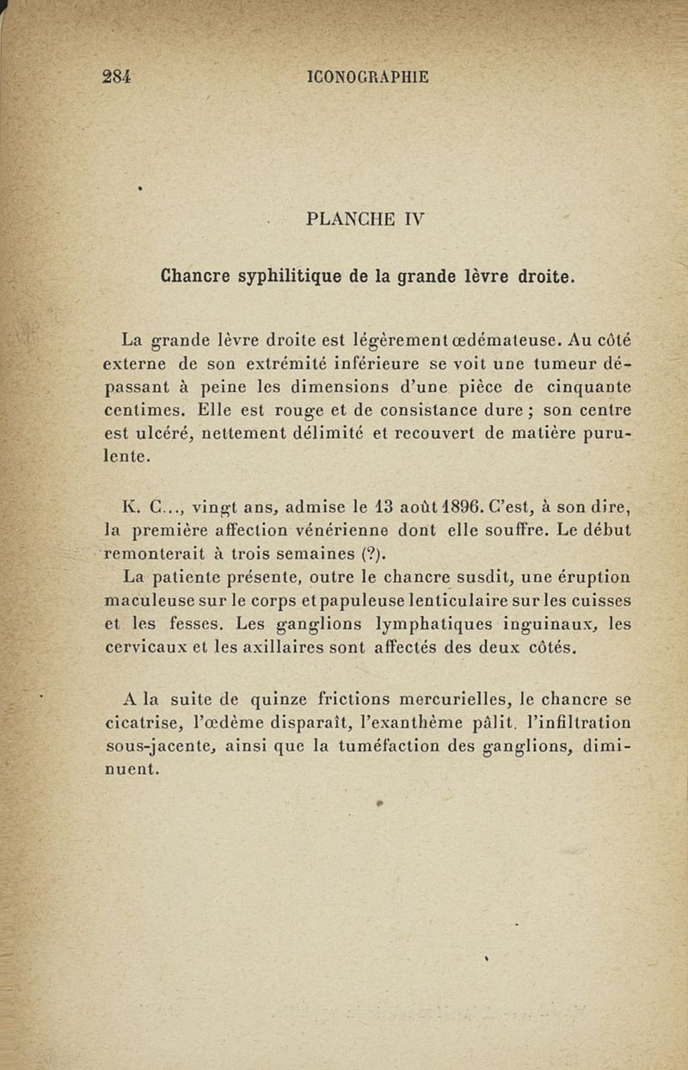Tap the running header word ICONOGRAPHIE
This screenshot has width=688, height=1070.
(x=367, y=77)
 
